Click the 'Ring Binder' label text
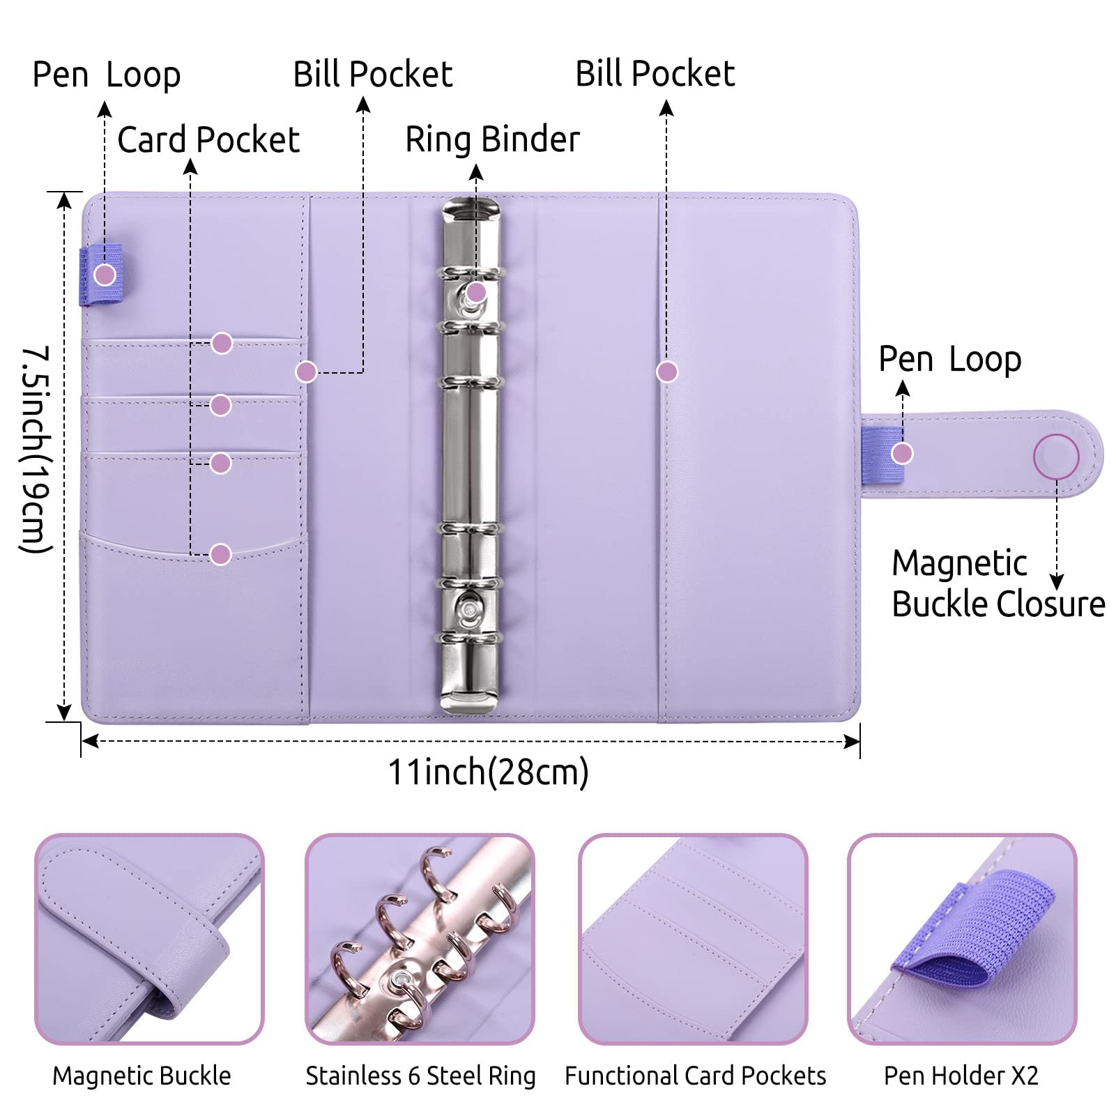click(x=492, y=139)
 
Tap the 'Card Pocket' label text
click(x=208, y=139)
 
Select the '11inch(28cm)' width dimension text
click(x=488, y=772)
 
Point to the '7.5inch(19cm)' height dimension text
click(x=35, y=450)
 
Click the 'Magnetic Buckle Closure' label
click(x=998, y=583)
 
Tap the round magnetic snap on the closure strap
click(x=1056, y=457)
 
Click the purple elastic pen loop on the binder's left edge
click(x=100, y=275)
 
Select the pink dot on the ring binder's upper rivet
click(x=476, y=292)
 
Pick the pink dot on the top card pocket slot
click(x=222, y=343)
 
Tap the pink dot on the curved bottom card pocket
click(x=220, y=554)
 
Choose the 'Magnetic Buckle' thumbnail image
click(x=149, y=938)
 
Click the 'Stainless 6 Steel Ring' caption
click(x=420, y=1076)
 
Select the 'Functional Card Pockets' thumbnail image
click(x=693, y=938)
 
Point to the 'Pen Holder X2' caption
click(x=961, y=1076)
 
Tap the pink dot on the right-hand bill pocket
click(x=667, y=372)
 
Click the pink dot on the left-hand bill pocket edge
click(x=306, y=372)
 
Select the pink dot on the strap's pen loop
click(x=903, y=454)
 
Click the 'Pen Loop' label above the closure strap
click(x=950, y=360)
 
